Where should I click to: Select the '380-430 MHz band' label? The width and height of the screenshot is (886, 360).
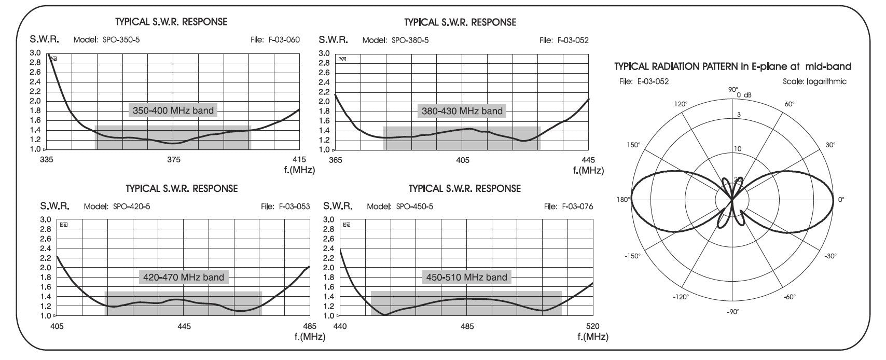[462, 111]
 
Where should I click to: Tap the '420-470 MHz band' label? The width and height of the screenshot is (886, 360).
[184, 277]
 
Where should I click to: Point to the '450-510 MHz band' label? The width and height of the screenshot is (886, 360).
[467, 277]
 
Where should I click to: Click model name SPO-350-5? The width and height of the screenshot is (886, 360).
[121, 40]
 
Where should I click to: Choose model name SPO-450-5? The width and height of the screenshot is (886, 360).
[414, 206]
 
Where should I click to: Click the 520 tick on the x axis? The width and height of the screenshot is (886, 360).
[592, 326]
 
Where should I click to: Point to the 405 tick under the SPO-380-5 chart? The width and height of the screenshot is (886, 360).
[462, 160]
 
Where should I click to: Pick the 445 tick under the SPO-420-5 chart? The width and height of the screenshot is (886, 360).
[184, 326]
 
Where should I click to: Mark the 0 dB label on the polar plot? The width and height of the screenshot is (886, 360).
[744, 95]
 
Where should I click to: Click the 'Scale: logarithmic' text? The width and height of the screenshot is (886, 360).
[814, 81]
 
